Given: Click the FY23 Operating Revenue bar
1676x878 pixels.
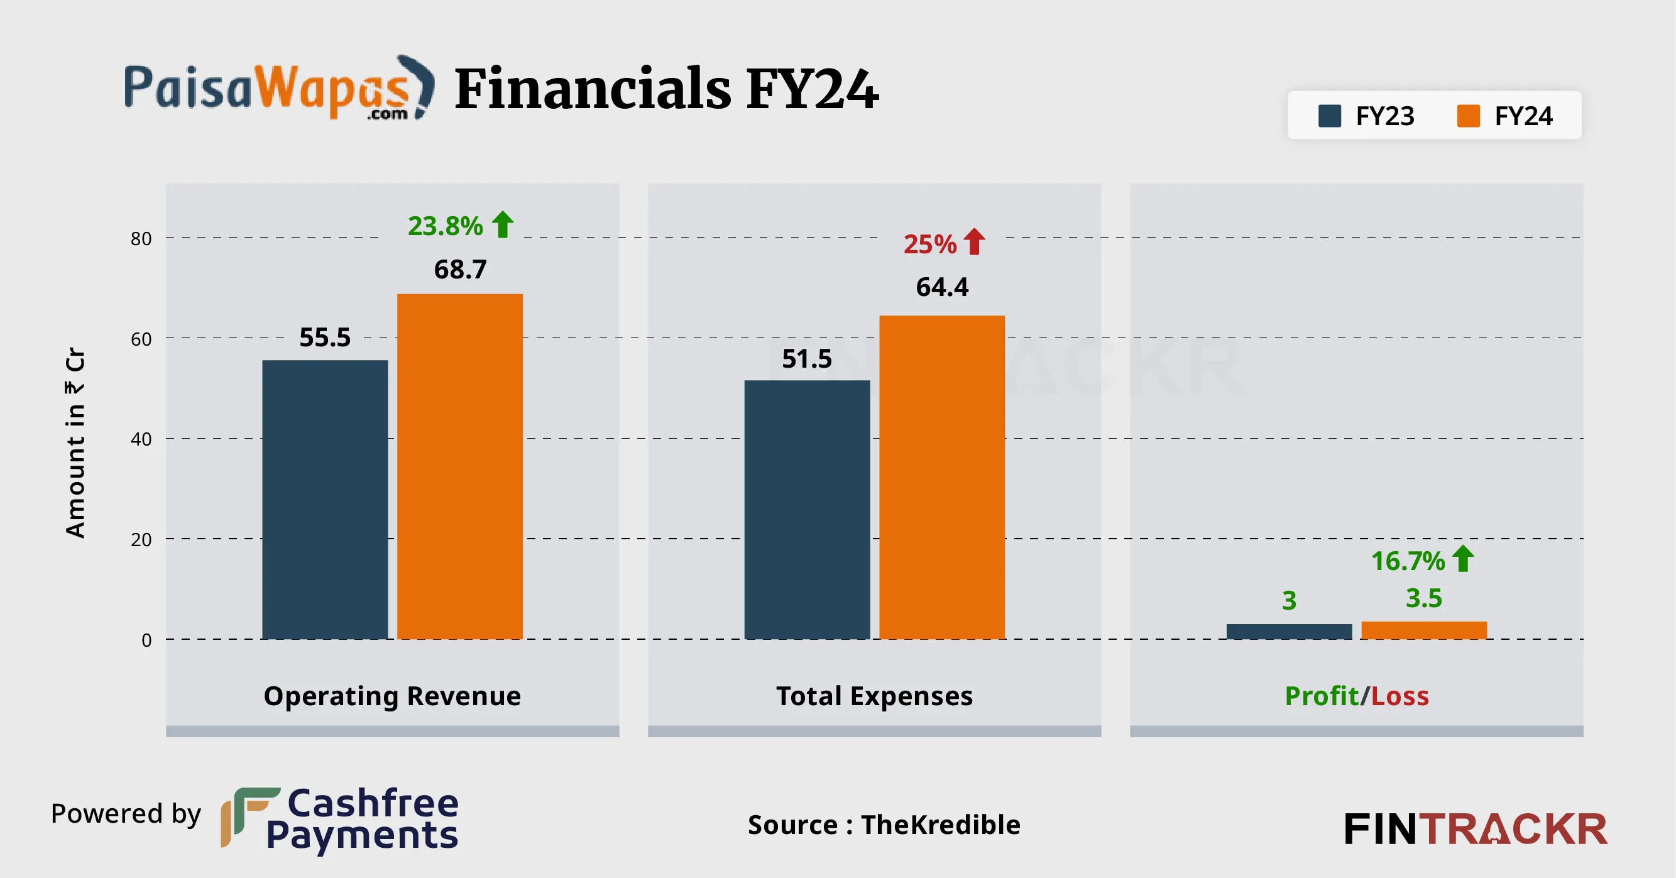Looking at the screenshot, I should point(325,499).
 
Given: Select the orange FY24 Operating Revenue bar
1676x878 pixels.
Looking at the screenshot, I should point(460,466).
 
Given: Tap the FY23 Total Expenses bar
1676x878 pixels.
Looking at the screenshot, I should point(807,510).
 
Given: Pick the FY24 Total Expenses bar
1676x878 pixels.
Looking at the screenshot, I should point(941,477).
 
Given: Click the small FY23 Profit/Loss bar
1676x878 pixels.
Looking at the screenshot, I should point(1289,632).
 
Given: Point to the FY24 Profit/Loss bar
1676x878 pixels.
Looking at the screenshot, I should point(1423,630).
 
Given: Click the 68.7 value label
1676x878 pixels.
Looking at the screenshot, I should point(460,270).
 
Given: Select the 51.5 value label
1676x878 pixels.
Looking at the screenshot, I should point(807,359).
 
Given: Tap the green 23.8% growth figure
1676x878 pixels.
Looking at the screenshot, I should point(445,226).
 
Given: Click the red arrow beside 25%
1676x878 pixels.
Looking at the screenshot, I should point(974,241).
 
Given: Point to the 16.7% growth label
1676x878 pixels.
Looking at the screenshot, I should point(1408,561).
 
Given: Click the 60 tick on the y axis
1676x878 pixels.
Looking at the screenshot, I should point(141,339).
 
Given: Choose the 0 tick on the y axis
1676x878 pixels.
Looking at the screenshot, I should point(146,640).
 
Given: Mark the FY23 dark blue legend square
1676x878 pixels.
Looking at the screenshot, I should point(1329,116).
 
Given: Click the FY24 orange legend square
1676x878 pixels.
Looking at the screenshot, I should point(1469,116).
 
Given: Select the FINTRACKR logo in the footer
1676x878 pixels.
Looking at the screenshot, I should point(1475,829).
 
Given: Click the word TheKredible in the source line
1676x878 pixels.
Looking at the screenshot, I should point(940,825).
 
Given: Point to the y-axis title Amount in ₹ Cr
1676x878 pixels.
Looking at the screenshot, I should point(75,442).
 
